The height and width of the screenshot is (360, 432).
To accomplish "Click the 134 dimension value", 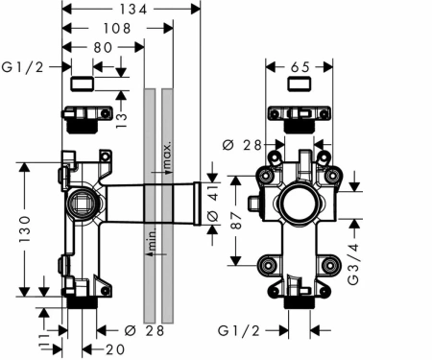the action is tap(133, 10).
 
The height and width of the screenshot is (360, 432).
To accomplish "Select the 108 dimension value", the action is tap(117, 29).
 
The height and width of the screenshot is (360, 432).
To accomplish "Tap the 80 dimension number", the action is tap(103, 48).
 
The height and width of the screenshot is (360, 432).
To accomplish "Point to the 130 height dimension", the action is tap(25, 228).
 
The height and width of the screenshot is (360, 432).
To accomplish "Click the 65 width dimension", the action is tap(300, 67).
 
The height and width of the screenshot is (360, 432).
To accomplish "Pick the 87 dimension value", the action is tap(236, 220).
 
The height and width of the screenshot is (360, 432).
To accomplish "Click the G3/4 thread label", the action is tap(353, 264).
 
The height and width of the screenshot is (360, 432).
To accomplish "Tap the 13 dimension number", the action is tap(121, 120).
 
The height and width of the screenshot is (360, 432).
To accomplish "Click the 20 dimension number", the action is tap(115, 349).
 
